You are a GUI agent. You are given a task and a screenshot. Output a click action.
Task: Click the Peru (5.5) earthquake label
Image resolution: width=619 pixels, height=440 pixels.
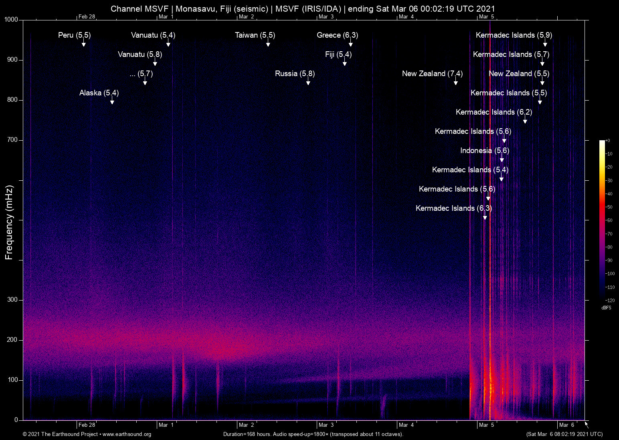(75, 35)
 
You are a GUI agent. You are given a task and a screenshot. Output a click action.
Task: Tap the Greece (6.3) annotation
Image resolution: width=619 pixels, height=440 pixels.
(337, 35)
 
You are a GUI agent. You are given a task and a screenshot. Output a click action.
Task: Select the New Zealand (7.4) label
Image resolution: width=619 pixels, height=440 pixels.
(432, 74)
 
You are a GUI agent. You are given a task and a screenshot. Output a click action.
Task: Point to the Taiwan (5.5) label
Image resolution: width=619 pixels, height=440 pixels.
(255, 35)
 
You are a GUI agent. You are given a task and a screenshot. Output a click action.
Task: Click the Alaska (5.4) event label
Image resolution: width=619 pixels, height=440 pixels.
(99, 93)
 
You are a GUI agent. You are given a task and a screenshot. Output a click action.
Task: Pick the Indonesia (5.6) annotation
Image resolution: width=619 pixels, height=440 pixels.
(485, 151)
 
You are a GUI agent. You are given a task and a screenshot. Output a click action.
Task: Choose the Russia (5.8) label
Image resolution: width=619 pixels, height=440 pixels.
(295, 74)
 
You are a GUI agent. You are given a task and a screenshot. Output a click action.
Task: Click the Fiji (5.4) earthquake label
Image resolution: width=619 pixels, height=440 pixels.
(338, 54)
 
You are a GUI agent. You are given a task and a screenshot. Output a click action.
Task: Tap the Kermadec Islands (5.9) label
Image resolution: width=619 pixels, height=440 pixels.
(514, 35)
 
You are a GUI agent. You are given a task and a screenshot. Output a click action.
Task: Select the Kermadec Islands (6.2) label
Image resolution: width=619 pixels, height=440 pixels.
(494, 112)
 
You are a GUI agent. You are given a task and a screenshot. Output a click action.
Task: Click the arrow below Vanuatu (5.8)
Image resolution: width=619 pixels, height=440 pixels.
(155, 63)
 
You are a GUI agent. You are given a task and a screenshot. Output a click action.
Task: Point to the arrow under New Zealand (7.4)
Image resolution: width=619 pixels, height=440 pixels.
(456, 82)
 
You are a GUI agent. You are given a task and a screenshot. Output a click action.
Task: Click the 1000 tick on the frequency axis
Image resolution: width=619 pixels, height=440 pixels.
(11, 20)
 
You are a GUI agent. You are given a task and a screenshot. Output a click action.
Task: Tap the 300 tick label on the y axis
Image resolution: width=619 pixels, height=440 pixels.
(12, 300)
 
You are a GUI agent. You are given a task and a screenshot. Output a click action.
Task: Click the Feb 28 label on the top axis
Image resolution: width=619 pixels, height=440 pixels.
(87, 16)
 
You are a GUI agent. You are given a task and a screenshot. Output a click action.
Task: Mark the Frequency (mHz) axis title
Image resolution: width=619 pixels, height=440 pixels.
(9, 222)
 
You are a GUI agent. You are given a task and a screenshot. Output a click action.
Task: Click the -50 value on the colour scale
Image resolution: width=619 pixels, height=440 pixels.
(609, 207)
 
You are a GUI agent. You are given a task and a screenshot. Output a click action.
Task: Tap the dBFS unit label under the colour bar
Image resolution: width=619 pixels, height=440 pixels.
(606, 308)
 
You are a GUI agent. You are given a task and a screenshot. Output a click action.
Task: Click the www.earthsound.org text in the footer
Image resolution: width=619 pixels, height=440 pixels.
(127, 434)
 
